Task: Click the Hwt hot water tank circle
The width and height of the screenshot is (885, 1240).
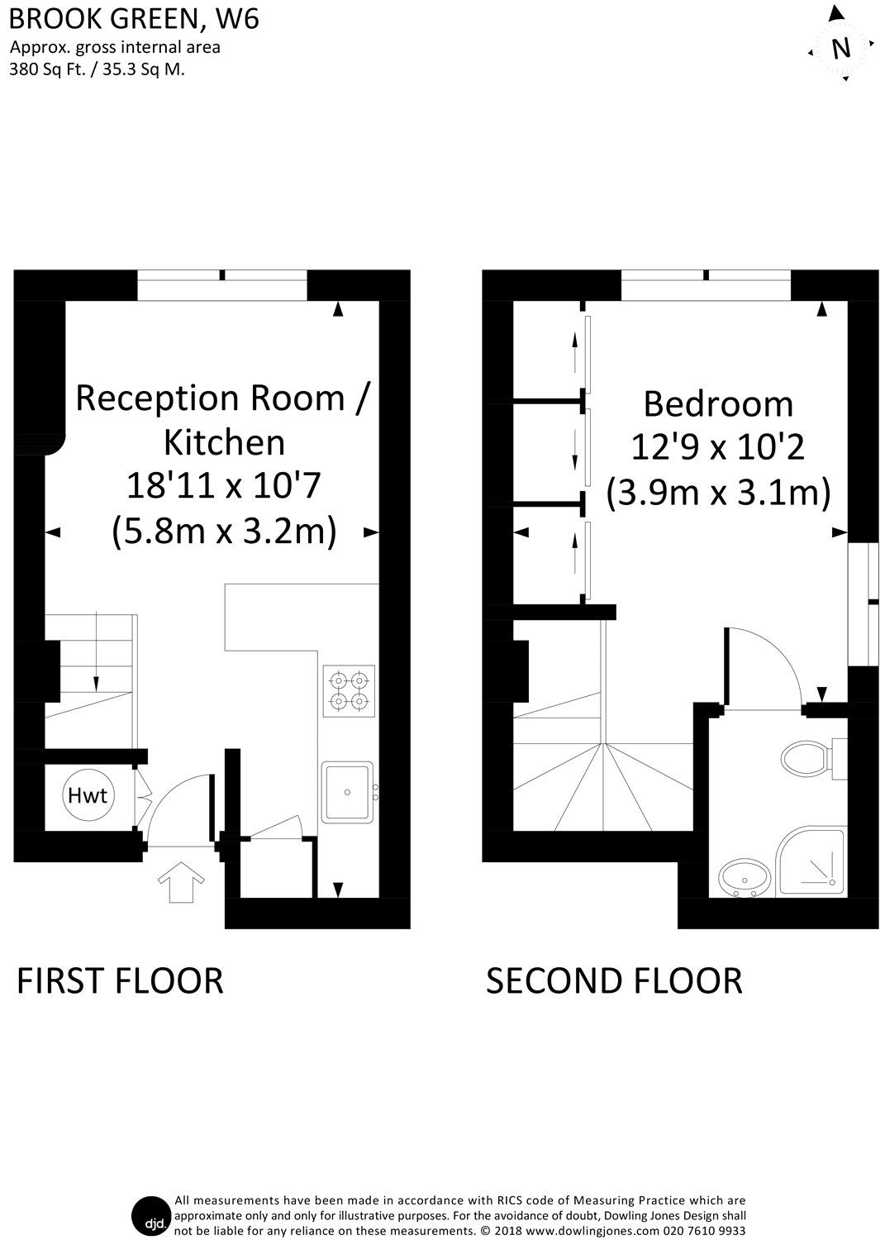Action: tap(87, 796)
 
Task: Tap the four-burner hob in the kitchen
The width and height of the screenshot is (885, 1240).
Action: tap(348, 691)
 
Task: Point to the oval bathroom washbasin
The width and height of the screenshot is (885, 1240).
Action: tap(745, 878)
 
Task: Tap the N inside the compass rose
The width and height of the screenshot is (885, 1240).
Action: tap(840, 49)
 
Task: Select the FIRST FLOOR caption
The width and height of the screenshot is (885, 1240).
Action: tap(121, 980)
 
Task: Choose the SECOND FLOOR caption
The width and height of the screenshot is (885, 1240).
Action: tap(614, 980)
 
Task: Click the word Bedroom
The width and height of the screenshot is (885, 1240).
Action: tap(718, 404)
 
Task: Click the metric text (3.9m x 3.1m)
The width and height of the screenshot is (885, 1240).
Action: tap(718, 494)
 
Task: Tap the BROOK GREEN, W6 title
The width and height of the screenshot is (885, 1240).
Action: tap(135, 18)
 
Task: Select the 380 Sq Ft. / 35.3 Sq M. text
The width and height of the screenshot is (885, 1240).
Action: tap(97, 69)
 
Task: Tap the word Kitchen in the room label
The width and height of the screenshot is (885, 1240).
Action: tap(224, 442)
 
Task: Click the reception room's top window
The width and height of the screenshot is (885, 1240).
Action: tap(222, 285)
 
